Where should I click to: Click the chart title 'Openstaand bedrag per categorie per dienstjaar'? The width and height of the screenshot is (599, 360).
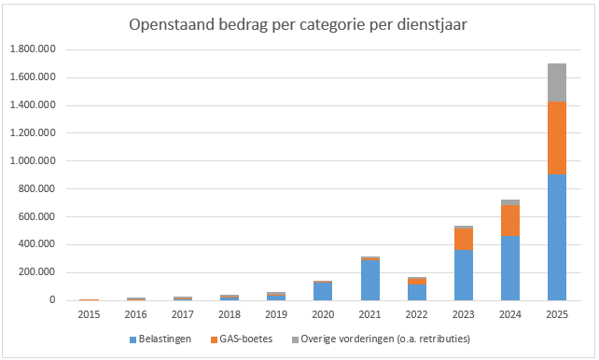pyautogui.click(x=298, y=25)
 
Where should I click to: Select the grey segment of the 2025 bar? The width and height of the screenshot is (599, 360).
pyautogui.click(x=557, y=83)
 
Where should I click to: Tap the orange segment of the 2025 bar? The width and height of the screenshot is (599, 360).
pyautogui.click(x=557, y=138)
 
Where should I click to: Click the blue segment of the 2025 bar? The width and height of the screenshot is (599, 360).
pyautogui.click(x=557, y=238)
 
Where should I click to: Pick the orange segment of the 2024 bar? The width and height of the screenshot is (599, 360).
pyautogui.click(x=510, y=221)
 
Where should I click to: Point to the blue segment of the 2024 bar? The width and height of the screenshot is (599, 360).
pyautogui.click(x=510, y=268)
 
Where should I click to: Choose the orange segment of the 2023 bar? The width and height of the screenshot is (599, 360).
pyautogui.click(x=464, y=240)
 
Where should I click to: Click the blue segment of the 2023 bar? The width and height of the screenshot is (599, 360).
pyautogui.click(x=464, y=275)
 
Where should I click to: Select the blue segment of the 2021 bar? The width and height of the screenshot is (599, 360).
pyautogui.click(x=370, y=280)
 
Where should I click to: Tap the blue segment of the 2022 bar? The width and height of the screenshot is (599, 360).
pyautogui.click(x=417, y=293)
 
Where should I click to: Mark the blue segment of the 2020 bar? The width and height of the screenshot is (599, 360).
pyautogui.click(x=323, y=291)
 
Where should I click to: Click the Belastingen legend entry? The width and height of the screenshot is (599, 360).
pyautogui.click(x=160, y=339)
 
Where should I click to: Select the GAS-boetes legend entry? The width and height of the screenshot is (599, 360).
pyautogui.click(x=242, y=339)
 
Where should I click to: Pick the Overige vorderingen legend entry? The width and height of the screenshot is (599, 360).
pyautogui.click(x=381, y=339)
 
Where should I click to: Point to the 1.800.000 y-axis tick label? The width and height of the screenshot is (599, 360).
pyautogui.click(x=33, y=49)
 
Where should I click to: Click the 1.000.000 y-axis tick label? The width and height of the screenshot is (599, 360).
pyautogui.click(x=33, y=160)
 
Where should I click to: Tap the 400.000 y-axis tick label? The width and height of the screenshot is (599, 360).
pyautogui.click(x=36, y=244)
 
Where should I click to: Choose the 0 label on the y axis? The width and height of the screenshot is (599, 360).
pyautogui.click(x=52, y=300)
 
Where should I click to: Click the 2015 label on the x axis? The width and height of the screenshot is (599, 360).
pyautogui.click(x=89, y=314)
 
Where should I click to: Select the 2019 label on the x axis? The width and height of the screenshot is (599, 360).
pyautogui.click(x=276, y=314)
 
